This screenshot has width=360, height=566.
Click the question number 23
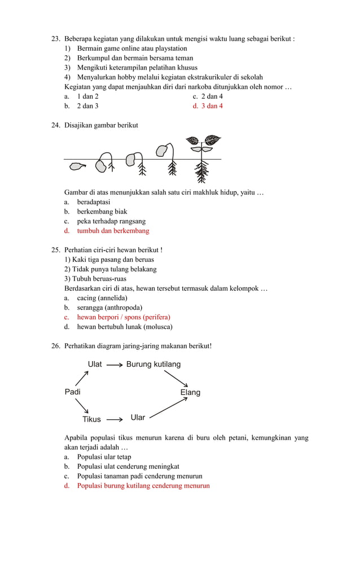point(55,39)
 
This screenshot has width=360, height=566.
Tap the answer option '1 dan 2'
point(87,96)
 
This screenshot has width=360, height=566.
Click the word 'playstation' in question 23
point(170,49)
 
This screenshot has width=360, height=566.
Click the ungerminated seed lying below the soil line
point(79,167)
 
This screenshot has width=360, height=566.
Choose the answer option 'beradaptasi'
point(94,202)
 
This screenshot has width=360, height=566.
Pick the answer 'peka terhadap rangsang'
point(111,221)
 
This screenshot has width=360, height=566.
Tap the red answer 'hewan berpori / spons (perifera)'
point(124,317)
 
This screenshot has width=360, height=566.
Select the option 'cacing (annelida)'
point(102,298)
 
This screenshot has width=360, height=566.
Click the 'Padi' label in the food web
point(73,392)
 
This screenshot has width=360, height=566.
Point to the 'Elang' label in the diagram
point(190,392)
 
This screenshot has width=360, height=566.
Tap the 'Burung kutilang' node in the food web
point(153,365)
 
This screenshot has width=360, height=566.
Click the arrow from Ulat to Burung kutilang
point(115,365)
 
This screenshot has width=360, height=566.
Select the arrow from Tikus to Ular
point(115,419)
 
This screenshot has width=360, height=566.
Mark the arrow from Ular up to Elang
point(169,408)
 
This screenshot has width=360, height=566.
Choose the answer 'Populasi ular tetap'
point(104,457)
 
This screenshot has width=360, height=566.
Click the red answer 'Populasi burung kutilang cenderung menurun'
point(143,486)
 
